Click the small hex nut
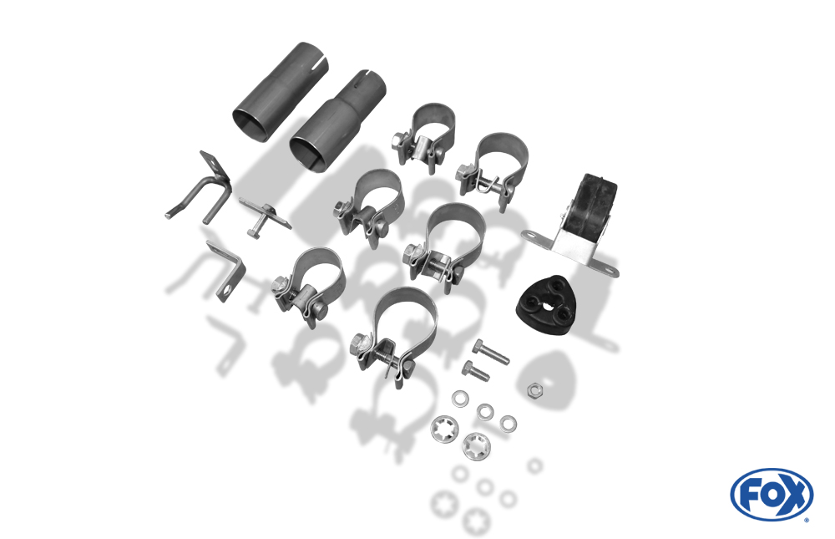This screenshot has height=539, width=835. [534, 391]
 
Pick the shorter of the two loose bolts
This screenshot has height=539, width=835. [476, 370]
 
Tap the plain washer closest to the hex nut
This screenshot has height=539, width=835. [509, 424]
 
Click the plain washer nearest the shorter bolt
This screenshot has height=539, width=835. [460, 398]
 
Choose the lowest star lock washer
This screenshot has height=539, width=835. [476, 446]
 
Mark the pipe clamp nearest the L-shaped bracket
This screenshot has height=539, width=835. [310, 287]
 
